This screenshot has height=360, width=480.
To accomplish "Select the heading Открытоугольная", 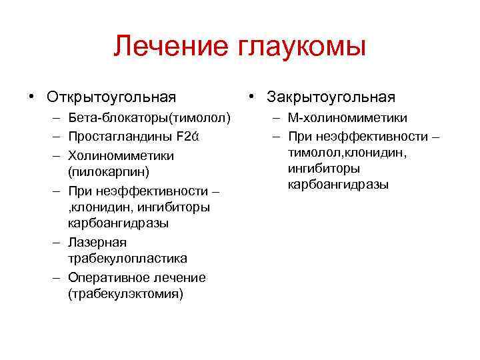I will [111, 97].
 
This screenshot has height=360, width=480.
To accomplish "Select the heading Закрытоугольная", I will [331, 97].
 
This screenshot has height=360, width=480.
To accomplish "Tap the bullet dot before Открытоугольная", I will [31, 97].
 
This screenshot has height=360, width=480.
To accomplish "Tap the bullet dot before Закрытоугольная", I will [251, 97].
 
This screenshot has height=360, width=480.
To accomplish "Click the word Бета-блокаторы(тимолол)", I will [149, 119].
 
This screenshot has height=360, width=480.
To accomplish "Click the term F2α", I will [189, 137].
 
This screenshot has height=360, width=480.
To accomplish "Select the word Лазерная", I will [97, 242].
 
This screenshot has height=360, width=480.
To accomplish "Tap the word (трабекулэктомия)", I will [125, 293].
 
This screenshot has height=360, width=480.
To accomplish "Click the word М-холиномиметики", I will [347, 119].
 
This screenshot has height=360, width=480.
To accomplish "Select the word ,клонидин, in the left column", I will [99, 207].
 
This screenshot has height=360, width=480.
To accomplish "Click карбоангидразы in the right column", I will [338, 185].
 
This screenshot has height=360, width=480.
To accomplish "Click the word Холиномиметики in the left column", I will [121, 155].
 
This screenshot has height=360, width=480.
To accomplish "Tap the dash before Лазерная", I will [55, 242].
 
